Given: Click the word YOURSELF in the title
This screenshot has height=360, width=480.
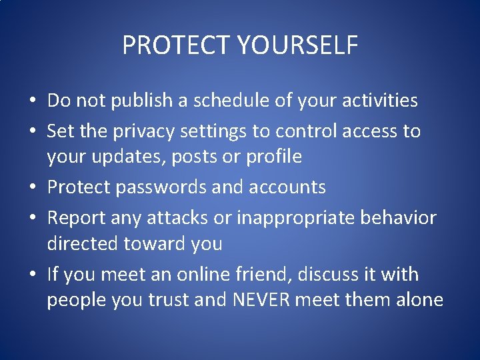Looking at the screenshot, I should pyautogui.click(x=297, y=45).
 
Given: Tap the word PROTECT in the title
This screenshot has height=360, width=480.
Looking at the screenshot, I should pyautogui.click(x=175, y=45).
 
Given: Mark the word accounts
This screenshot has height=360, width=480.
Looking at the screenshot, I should pyautogui.click(x=287, y=187).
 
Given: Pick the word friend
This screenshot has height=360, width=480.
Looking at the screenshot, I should pyautogui.click(x=256, y=274).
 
